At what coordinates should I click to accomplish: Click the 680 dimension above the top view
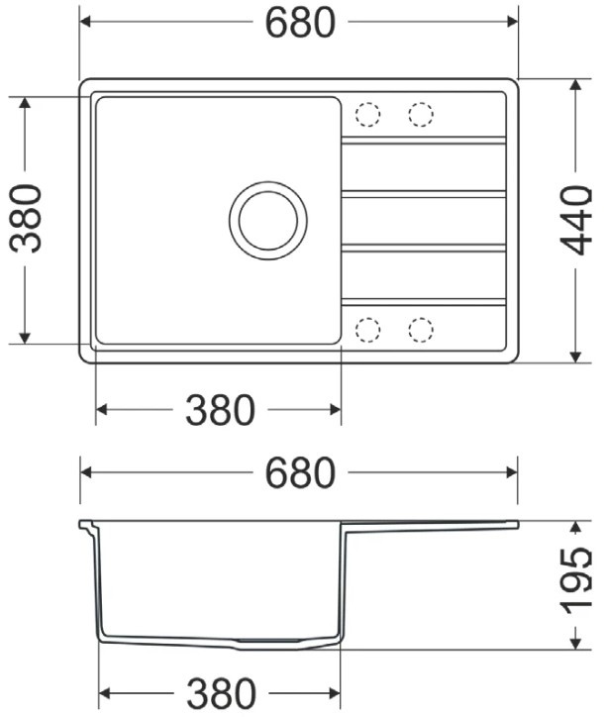coord(300,23)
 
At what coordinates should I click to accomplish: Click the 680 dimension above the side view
coord(300,472)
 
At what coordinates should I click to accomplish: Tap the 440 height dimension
coord(576,220)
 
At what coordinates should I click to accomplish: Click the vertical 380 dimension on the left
coord(25,219)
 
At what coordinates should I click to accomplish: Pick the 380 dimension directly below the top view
coord(220,410)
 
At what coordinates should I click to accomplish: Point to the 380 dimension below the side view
coord(221,693)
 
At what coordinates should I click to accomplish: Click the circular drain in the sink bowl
coord(268,221)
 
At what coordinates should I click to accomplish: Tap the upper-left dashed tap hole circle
coord(367,114)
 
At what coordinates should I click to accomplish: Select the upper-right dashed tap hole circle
coord(421,114)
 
